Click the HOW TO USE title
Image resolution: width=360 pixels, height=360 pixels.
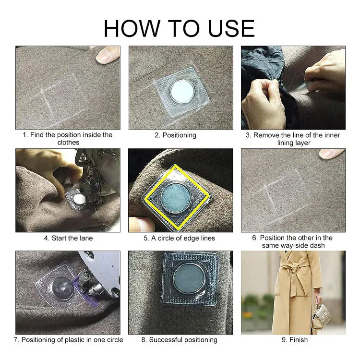coord(180,28)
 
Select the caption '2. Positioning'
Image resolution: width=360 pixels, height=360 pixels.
coord(175,135)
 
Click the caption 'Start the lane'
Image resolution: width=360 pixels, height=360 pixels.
coord(72,238)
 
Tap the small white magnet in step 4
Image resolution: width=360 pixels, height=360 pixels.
coord(79,199)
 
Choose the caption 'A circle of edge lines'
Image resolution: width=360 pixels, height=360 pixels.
coord(183,238)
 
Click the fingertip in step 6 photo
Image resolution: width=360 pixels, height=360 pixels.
coord(332,154)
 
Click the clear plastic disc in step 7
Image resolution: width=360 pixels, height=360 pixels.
coord(62,288)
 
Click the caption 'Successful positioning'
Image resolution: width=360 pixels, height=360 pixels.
coord(183,340)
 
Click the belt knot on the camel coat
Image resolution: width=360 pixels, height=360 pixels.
coord(297,269)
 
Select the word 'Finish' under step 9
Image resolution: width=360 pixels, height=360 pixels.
coord(299,339)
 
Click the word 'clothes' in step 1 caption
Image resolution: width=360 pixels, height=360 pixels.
coord(69,143)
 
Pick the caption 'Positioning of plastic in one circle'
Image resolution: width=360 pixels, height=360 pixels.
coord(72,340)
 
